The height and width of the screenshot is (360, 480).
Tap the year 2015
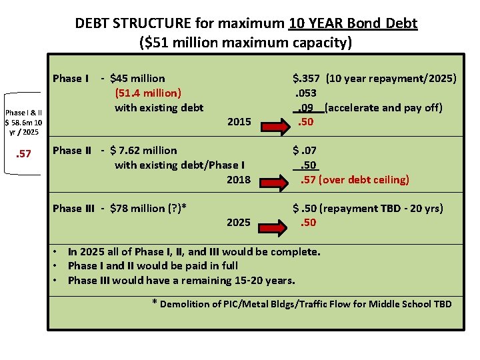click(239, 122)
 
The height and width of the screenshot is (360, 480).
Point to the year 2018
click(239, 179)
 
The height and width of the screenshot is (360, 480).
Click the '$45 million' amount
click(137, 79)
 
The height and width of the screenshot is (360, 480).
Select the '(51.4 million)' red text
click(148, 93)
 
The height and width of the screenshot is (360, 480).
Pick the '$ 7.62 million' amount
click(143, 151)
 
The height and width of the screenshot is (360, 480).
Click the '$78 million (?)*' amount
click(148, 209)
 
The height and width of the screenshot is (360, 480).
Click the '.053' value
click(305, 93)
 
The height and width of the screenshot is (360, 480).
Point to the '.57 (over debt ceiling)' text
click(354, 179)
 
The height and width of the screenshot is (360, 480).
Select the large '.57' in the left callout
click(23, 155)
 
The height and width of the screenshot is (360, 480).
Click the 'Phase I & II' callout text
click(23, 113)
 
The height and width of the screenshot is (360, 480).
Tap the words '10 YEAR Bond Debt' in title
click(353, 23)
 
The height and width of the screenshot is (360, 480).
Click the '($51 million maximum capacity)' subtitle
click(245, 43)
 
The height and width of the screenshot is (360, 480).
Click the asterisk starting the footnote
click(155, 303)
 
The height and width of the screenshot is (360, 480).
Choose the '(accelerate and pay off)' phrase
click(383, 108)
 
